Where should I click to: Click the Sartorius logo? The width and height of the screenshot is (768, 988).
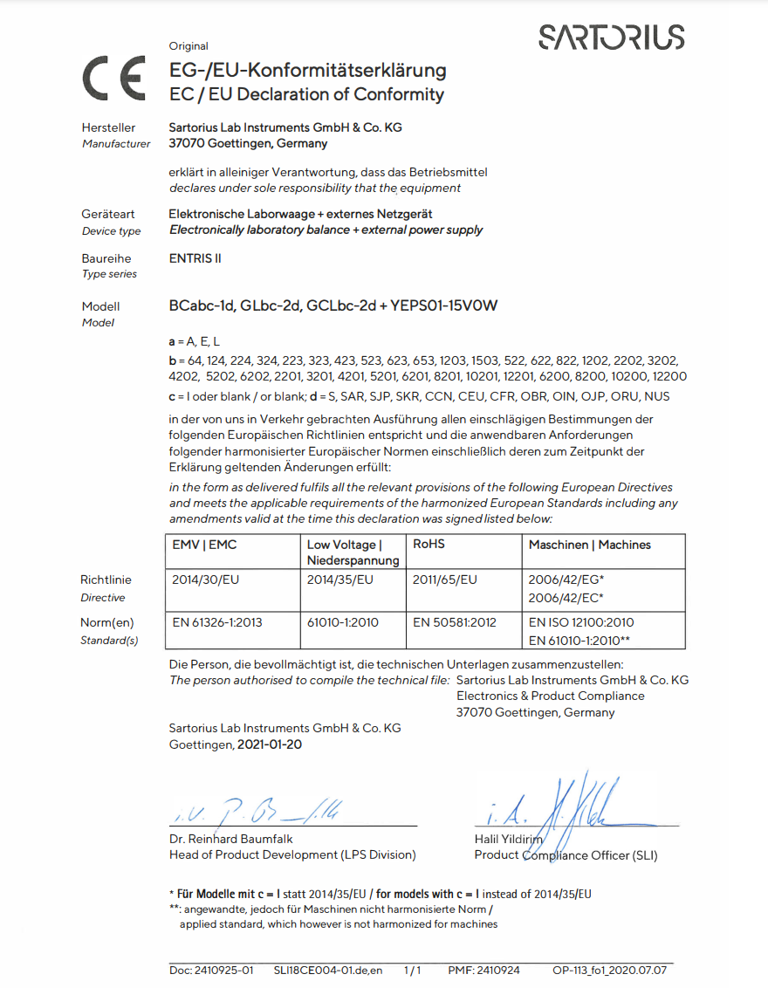pyautogui.click(x=612, y=38)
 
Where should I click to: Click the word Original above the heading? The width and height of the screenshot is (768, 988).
pyautogui.click(x=189, y=46)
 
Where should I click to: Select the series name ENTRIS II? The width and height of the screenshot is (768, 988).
pyautogui.click(x=189, y=258)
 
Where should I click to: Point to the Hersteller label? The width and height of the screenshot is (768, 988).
pyautogui.click(x=108, y=128)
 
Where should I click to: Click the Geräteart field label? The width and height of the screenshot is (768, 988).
pyautogui.click(x=108, y=215)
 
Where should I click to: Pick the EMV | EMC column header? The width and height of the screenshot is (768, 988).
pyautogui.click(x=205, y=545)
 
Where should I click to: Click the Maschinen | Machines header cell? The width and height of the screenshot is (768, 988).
pyautogui.click(x=589, y=545)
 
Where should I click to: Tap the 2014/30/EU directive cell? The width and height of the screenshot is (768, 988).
pyautogui.click(x=206, y=579)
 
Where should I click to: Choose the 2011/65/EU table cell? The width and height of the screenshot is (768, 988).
pyautogui.click(x=444, y=579)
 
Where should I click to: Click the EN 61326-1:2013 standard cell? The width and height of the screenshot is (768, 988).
pyautogui.click(x=217, y=622)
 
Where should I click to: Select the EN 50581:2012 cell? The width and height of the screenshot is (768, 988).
pyautogui.click(x=454, y=622)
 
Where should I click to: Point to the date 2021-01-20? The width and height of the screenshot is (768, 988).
pyautogui.click(x=271, y=745)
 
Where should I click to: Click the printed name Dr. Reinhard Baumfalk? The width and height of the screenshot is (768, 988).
pyautogui.click(x=231, y=839)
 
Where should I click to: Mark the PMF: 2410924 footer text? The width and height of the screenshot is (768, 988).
pyautogui.click(x=483, y=970)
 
